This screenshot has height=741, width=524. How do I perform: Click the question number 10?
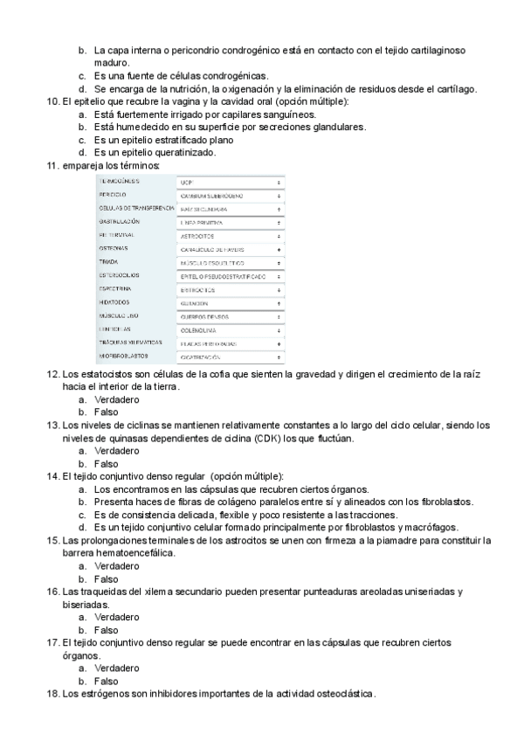51,102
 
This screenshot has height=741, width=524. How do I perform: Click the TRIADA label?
108,262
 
